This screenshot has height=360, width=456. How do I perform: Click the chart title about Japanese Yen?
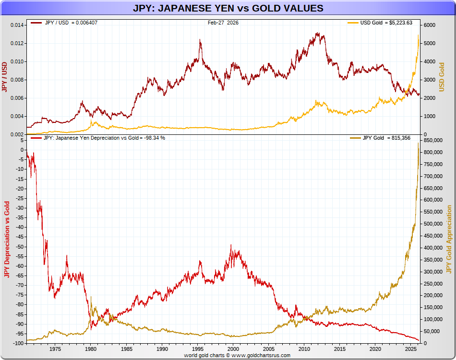(228, 8)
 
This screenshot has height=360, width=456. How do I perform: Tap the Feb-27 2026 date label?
(223, 23)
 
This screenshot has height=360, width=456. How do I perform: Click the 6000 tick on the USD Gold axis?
(430, 25)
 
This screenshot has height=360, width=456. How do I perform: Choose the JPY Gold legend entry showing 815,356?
(380, 138)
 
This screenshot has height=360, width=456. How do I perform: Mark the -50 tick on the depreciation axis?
(19, 247)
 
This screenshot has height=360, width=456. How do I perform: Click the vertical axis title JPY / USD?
(5, 77)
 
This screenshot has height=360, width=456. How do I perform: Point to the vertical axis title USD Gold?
(442, 77)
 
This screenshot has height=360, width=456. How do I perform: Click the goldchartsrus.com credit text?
(237, 355)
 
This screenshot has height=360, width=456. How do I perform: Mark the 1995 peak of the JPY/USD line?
(200, 40)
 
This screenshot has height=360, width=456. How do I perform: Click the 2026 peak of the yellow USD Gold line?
(418, 35)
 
